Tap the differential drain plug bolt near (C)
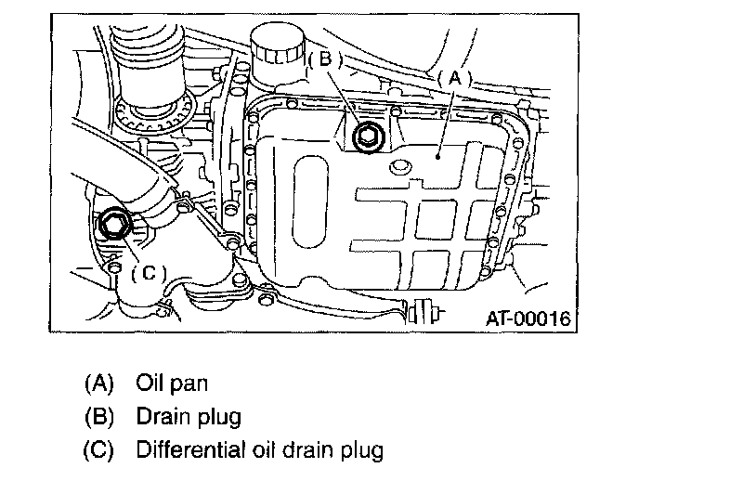click(115, 223)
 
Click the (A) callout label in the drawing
click(455, 80)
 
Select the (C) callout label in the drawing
click(149, 272)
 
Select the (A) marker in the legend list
click(98, 383)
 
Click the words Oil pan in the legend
click(172, 383)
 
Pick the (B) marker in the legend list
click(98, 417)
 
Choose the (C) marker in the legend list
click(98, 451)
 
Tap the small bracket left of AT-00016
click(429, 311)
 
